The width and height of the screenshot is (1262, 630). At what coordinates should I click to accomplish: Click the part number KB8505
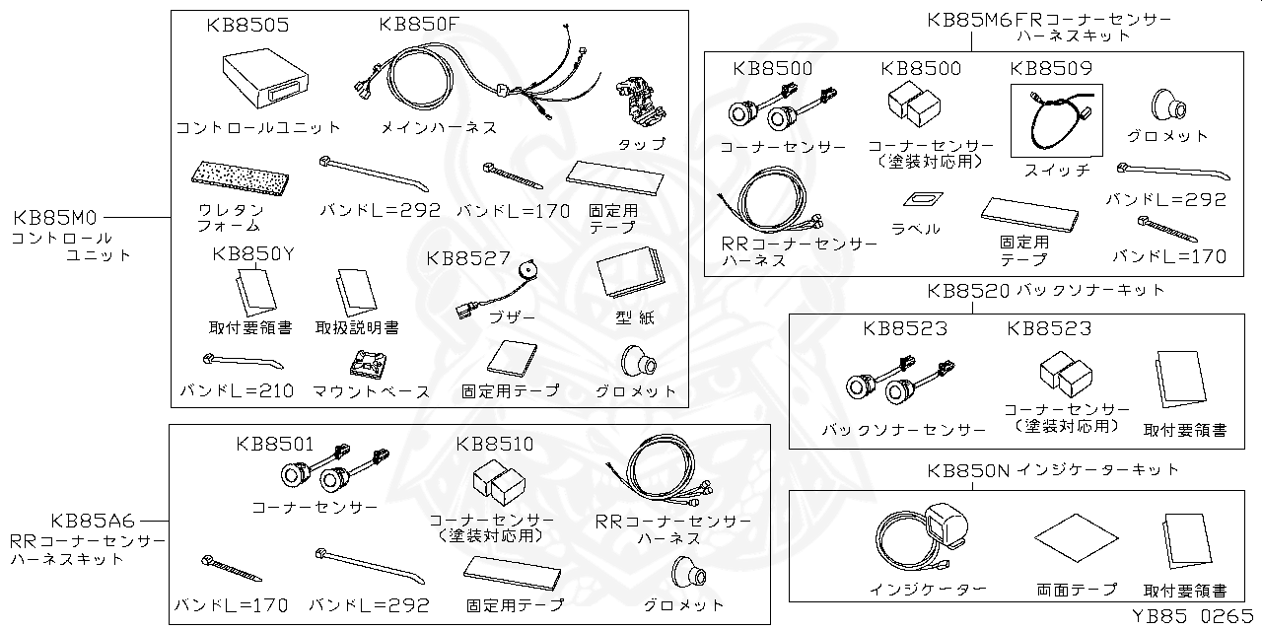pyautogui.click(x=247, y=26)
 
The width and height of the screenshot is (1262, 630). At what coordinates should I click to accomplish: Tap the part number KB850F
pyautogui.click(x=419, y=26)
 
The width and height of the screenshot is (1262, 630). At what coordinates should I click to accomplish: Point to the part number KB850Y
pyautogui.click(x=253, y=255)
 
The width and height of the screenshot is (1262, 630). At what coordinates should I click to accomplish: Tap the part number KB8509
pyautogui.click(x=1051, y=69)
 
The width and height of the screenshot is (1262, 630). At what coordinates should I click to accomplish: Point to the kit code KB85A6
pyautogui.click(x=93, y=521)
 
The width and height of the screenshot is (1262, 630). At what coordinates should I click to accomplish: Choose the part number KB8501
pyautogui.click(x=275, y=445)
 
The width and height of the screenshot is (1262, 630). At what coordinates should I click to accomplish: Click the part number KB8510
pyautogui.click(x=495, y=445)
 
